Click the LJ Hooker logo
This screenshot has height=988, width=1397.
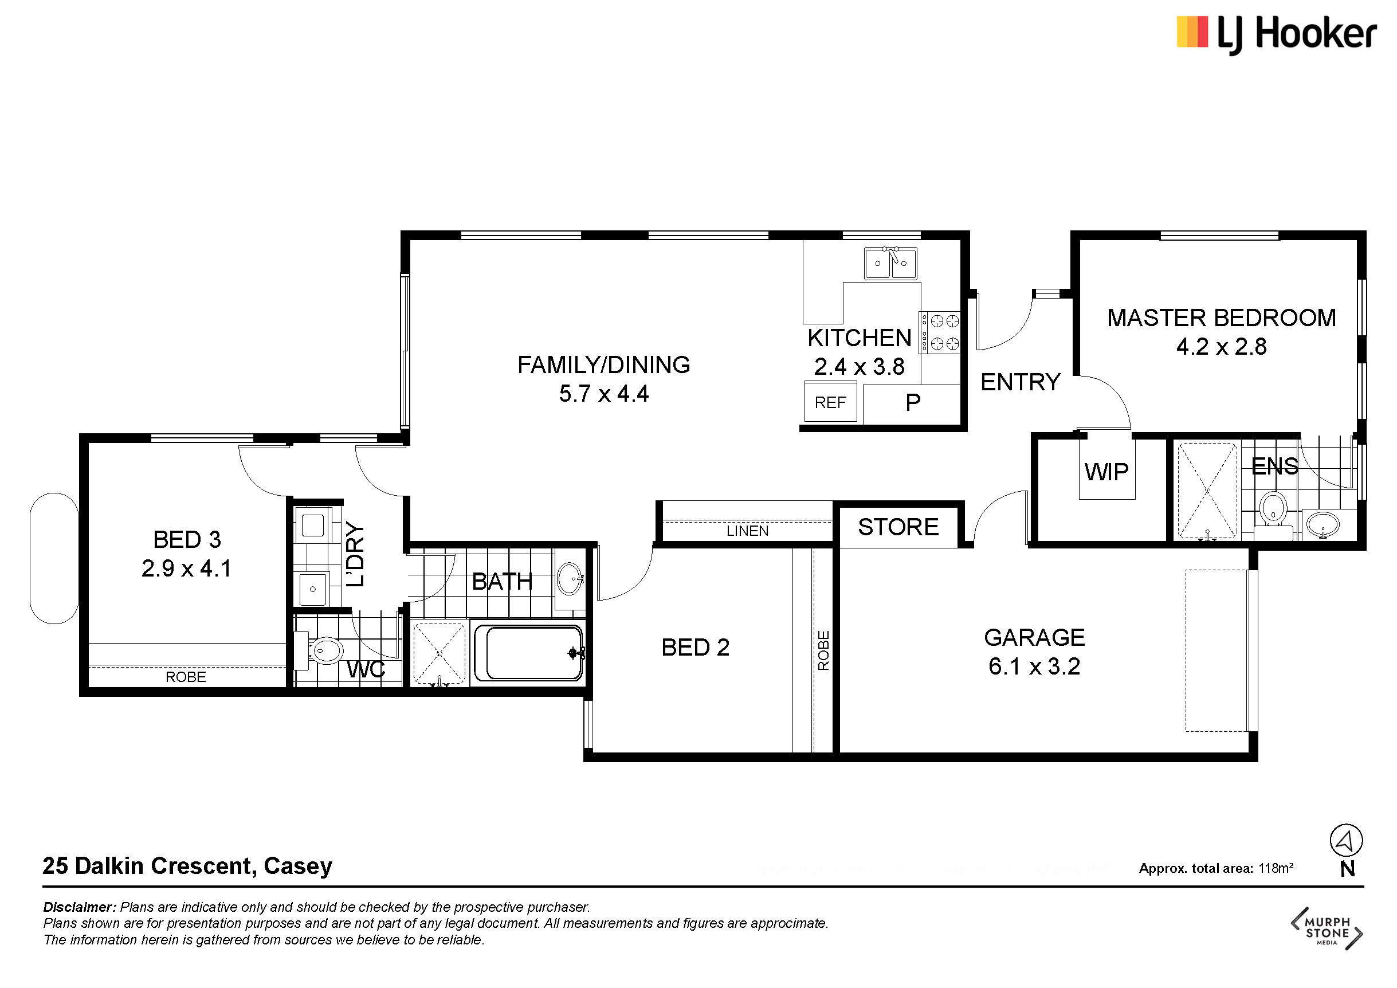(1277, 34)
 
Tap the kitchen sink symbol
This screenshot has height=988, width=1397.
(891, 264)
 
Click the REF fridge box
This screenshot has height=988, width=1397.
(830, 402)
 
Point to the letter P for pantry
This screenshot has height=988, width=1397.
(913, 402)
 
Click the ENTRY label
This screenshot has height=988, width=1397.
(1021, 382)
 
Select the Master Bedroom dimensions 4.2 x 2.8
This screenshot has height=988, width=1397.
(1221, 347)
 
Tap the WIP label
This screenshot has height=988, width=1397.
(1106, 472)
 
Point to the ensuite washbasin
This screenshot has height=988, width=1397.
(1323, 524)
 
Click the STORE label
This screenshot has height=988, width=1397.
(898, 527)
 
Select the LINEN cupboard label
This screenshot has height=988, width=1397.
(747, 531)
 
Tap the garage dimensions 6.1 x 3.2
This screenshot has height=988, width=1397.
(1034, 666)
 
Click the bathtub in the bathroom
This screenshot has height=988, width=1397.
(529, 653)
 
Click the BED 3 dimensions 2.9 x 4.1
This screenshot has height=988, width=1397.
(186, 569)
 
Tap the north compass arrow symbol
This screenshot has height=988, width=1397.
(1346, 841)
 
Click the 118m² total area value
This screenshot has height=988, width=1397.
(1276, 868)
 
